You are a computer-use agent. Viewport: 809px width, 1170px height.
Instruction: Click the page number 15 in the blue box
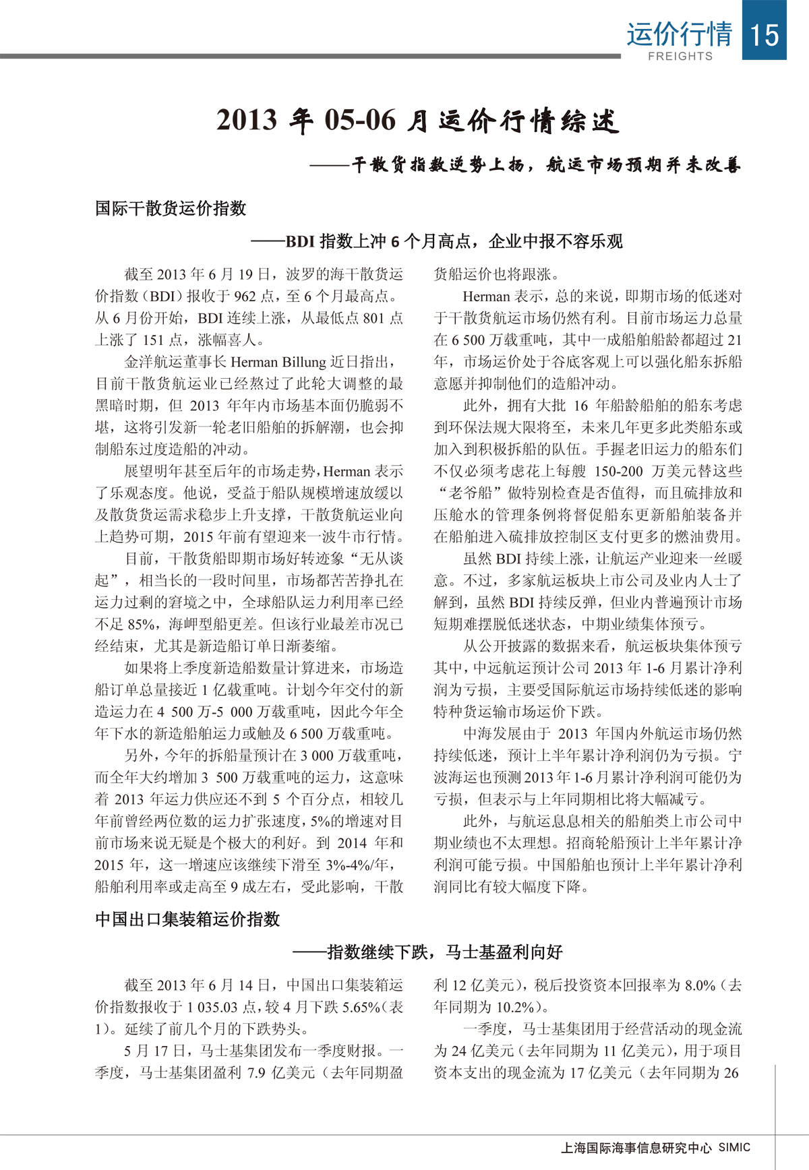(764, 34)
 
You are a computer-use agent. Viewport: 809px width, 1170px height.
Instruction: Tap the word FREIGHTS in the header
(680, 57)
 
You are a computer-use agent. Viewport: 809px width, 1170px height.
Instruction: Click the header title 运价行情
(679, 34)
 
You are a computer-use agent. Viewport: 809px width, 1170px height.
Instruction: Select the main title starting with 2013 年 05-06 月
(417, 121)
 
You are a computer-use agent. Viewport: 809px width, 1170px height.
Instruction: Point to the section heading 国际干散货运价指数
(171, 208)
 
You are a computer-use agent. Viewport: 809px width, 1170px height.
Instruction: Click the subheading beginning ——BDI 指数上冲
(437, 241)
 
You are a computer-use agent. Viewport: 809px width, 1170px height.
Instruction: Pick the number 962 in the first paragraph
(245, 296)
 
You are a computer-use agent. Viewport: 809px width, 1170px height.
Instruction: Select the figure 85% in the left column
(142, 624)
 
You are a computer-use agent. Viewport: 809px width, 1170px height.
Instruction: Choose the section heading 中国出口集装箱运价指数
(187, 919)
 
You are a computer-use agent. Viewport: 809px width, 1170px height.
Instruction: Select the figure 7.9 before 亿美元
(256, 1072)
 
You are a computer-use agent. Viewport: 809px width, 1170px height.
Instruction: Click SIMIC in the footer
(734, 1147)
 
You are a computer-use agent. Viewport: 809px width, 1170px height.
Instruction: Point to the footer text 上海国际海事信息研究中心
(636, 1148)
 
